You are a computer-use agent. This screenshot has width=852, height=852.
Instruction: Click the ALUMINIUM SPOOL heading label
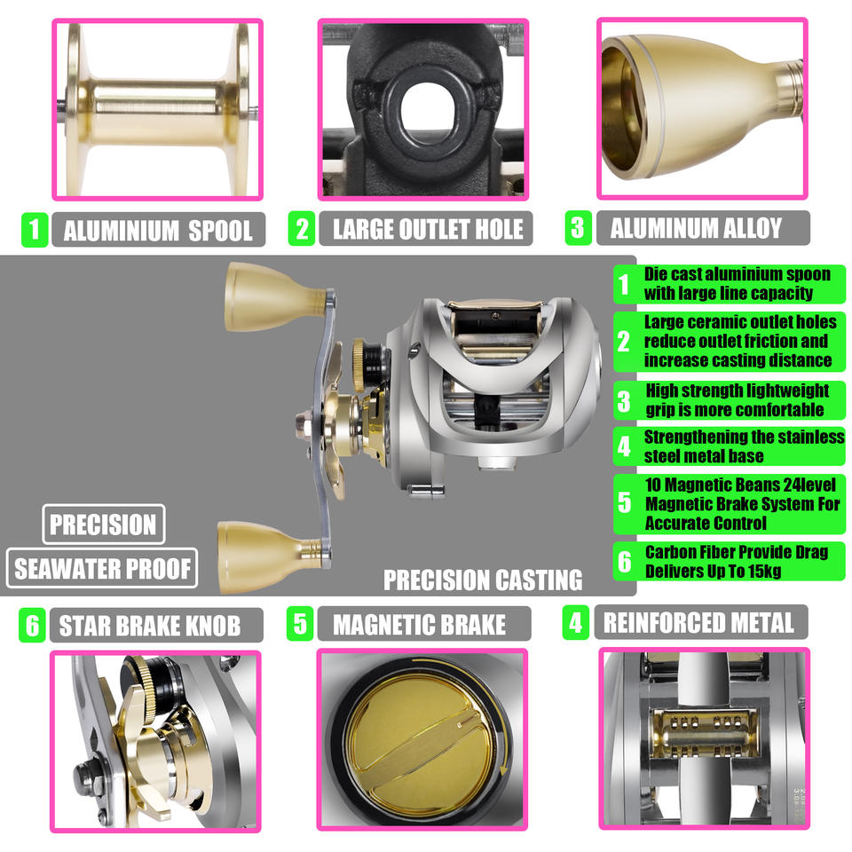(x=158, y=230)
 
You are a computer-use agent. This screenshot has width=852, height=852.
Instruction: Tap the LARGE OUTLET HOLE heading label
(x=426, y=229)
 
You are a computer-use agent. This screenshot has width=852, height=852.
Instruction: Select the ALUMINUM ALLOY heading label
(x=703, y=228)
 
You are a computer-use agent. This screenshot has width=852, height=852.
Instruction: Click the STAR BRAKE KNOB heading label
(x=156, y=626)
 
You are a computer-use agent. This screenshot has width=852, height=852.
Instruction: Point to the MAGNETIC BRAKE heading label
(x=424, y=624)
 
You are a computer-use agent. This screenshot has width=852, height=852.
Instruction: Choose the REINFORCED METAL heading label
(x=701, y=622)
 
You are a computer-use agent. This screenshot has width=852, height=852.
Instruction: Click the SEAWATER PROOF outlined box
(x=102, y=568)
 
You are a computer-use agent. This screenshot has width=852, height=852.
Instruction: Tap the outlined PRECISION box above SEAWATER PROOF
(x=103, y=525)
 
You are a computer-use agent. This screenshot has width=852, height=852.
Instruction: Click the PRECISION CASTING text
(x=483, y=580)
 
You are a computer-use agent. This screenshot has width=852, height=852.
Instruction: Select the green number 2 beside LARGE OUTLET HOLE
(x=302, y=229)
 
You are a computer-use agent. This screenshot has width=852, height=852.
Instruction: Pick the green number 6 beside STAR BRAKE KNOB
(x=32, y=626)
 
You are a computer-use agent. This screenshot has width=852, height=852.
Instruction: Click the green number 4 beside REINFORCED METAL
(x=575, y=622)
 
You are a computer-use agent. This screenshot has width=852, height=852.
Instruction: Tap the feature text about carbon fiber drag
(x=737, y=561)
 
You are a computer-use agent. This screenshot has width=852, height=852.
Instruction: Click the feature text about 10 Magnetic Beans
(x=742, y=504)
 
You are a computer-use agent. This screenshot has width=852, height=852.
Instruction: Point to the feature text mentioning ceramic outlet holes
(x=739, y=341)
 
